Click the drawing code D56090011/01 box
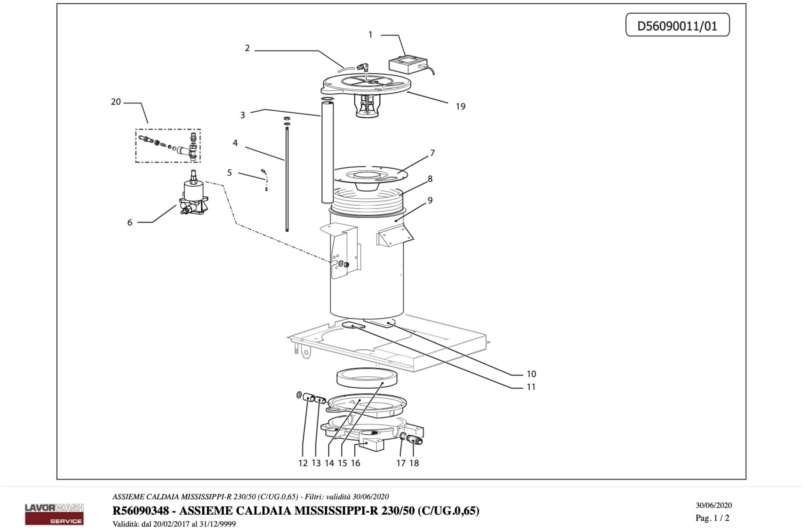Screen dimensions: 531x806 click(x=677, y=25)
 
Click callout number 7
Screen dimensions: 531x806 click(x=432, y=153)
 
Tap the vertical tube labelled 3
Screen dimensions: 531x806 click(x=327, y=152)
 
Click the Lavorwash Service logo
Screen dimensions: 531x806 click(x=54, y=514)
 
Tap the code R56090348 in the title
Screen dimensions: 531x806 click(x=141, y=511)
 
